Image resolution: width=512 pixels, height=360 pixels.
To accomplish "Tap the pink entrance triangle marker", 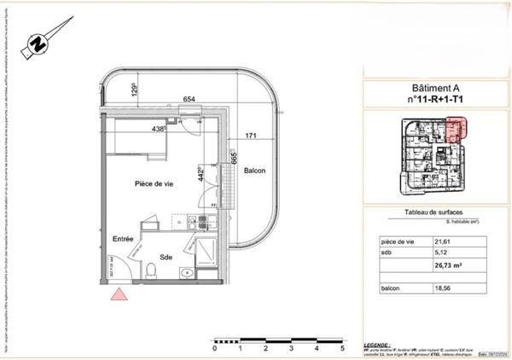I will [x=119, y=295].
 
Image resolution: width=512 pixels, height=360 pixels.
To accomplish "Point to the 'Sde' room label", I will [x=164, y=255].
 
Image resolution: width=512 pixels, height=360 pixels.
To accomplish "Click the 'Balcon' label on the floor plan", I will [x=254, y=171].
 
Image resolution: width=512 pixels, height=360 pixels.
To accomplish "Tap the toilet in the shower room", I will [x=150, y=271].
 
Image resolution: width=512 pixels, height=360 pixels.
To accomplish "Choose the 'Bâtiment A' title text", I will [x=435, y=89].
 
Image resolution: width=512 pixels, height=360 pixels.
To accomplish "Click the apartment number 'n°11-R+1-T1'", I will [x=435, y=101].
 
